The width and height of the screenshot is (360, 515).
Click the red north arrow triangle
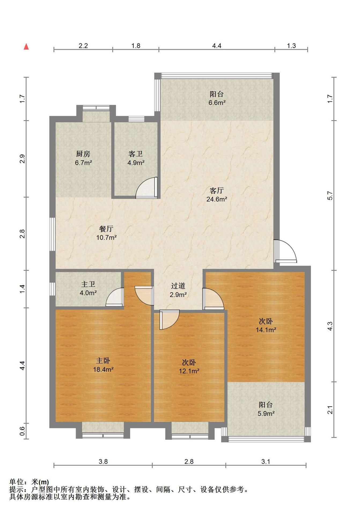(26, 47)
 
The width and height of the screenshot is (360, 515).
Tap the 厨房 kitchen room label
(83, 154)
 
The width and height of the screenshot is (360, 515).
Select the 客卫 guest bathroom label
(136, 154)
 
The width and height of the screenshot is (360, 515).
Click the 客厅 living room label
(217, 191)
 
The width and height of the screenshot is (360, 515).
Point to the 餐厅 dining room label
(106, 229)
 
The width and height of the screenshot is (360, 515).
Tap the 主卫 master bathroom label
(88, 284)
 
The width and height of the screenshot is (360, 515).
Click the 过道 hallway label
(178, 286)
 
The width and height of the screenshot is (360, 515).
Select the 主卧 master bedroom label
(103, 361)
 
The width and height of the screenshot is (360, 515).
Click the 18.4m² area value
(103, 370)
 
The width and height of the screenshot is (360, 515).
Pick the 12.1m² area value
(189, 371)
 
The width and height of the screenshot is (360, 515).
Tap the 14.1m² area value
(266, 330)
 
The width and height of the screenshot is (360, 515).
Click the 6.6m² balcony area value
(217, 103)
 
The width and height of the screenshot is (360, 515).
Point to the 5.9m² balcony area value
(266, 414)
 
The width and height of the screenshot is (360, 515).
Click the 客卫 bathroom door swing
(146, 188)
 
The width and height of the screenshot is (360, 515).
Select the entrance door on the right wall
(285, 251)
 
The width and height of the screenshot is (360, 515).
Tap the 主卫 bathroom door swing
(115, 297)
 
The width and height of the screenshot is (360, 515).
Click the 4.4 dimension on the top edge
(217, 46)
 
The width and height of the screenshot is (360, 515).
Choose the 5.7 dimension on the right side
(330, 196)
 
